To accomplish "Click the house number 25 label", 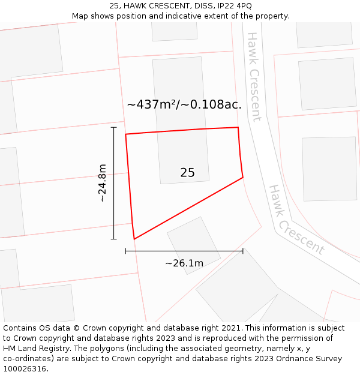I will [187, 173].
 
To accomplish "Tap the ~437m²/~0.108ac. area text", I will [184, 104].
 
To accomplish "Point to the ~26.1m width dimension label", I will [184, 263].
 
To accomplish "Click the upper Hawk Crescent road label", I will [254, 77].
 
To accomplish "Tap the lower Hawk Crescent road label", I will [296, 220].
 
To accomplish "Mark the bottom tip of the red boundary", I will [134, 239].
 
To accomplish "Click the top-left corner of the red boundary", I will [125, 134].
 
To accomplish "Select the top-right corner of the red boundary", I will [238, 127].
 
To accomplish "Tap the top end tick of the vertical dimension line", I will [113, 127].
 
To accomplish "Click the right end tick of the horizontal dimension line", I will [243, 251].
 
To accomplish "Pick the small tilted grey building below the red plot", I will [193, 245].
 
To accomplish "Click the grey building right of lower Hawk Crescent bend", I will [329, 169].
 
